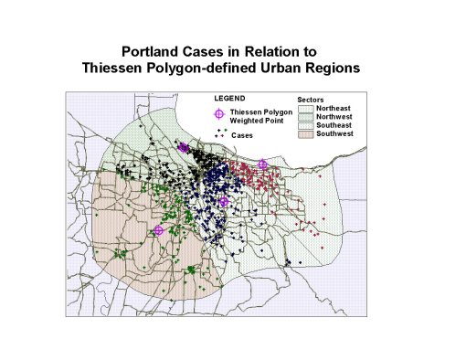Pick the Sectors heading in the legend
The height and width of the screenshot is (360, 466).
click(x=312, y=99)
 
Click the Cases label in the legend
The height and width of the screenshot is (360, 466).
click(x=243, y=134)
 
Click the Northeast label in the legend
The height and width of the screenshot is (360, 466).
click(x=334, y=109)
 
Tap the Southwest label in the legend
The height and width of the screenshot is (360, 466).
click(x=335, y=134)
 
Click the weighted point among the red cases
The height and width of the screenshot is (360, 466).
click(x=263, y=164)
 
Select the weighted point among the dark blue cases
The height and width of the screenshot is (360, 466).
click(x=224, y=202)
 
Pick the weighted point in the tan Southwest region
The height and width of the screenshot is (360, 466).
click(x=158, y=231)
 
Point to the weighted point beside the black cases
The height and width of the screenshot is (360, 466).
click(x=184, y=147)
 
